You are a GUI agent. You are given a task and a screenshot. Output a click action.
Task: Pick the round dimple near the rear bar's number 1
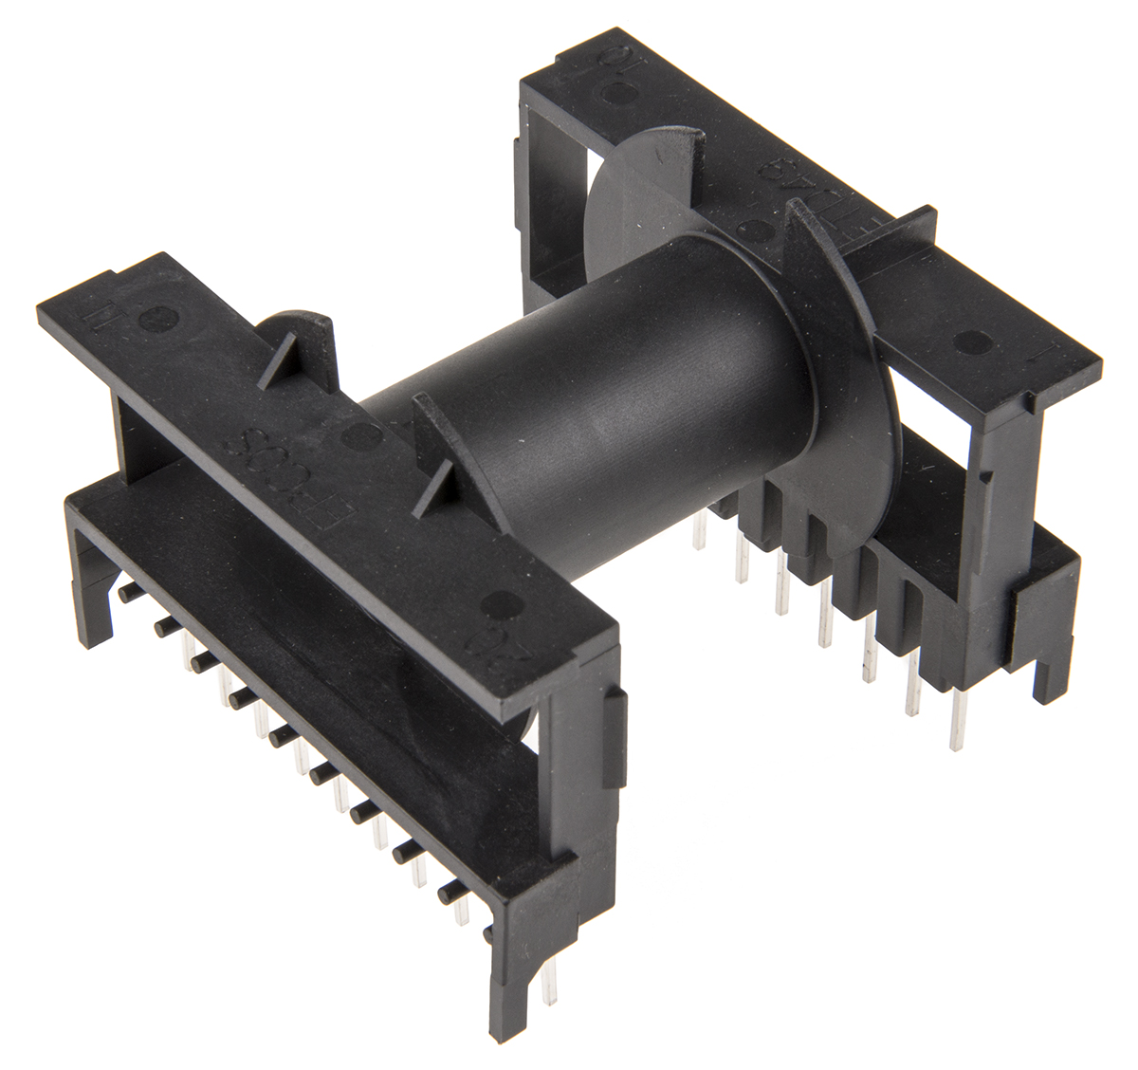pos(969,342)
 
